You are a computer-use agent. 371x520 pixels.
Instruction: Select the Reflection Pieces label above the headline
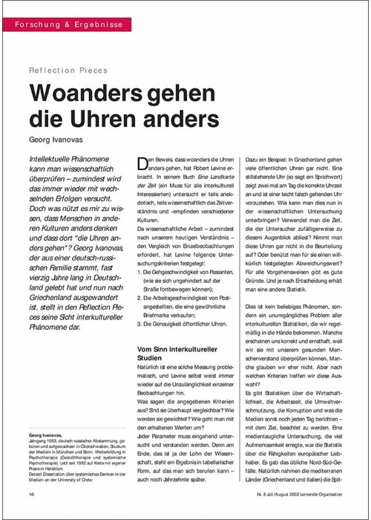coord(68,71)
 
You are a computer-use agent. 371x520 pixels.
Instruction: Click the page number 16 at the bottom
coord(32,494)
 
